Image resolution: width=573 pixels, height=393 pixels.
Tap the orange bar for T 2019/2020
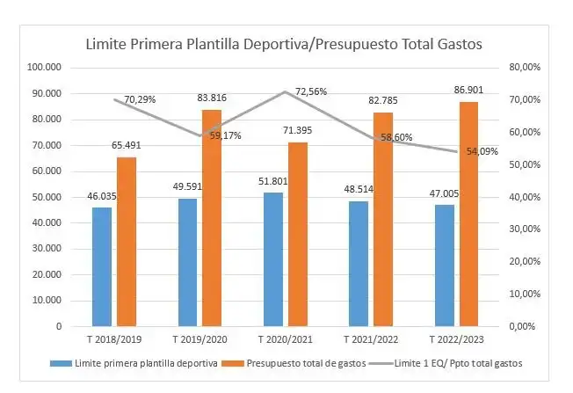(x=212, y=217)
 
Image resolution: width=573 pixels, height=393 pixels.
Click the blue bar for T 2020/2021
(x=273, y=259)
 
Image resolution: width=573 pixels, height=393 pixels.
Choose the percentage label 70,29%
(x=140, y=99)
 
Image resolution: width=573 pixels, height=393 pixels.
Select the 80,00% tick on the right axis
(x=525, y=68)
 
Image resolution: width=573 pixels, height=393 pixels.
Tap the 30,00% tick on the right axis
(x=525, y=229)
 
